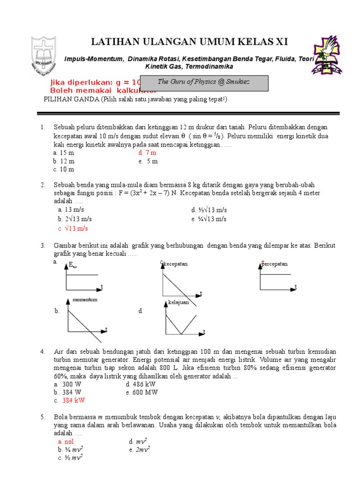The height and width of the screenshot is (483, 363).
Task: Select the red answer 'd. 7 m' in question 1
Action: click(147, 153)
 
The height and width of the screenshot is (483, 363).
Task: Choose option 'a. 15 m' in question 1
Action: click(64, 153)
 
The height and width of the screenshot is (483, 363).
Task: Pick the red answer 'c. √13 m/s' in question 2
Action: click(73, 228)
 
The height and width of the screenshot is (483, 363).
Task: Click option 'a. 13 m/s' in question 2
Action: click(71, 209)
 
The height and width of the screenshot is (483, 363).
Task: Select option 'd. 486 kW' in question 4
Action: click(143, 384)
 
